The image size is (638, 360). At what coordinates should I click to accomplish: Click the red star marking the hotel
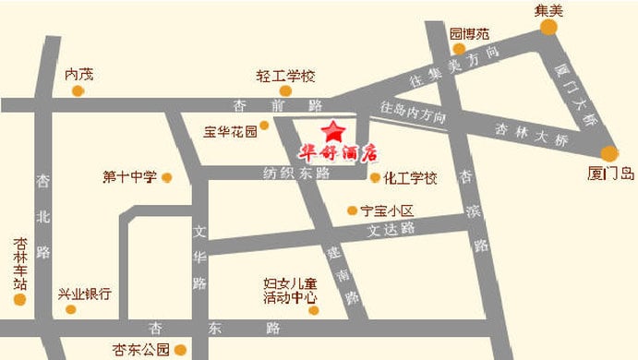[x=332, y=129]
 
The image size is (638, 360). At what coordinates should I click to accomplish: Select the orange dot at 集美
[x=549, y=28]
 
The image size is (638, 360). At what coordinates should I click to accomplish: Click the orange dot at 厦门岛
[x=609, y=154]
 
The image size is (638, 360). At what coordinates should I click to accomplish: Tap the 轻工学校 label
[x=286, y=76]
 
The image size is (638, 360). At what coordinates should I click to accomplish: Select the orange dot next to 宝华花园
[x=265, y=124]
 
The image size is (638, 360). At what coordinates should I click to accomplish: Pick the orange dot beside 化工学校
[x=376, y=177]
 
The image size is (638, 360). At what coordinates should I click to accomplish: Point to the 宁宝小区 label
[x=389, y=210]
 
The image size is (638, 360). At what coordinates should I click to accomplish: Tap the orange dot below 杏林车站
[x=20, y=299]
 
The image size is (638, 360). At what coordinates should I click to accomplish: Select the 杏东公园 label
[x=141, y=350]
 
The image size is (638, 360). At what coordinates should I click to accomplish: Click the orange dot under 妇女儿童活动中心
[x=314, y=311]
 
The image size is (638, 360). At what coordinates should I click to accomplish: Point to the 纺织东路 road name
[x=296, y=174]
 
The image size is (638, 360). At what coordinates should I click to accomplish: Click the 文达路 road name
[x=391, y=227]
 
